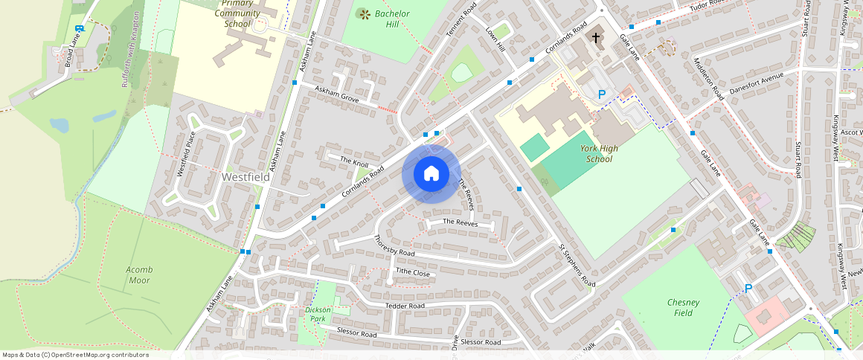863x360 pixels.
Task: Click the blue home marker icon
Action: coord(431,174)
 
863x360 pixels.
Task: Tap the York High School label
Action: coord(599,153)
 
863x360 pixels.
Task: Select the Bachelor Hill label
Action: coord(392,19)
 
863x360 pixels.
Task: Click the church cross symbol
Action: coord(595,37)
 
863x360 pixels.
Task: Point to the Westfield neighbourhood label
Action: coord(246,178)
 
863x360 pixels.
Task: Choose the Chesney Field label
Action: coord(683,307)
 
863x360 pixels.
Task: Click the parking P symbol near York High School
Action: coord(602,94)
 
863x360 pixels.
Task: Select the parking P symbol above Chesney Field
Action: coord(748,288)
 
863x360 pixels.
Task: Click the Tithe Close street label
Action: coord(412,273)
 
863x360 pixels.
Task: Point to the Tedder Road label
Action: coord(405,306)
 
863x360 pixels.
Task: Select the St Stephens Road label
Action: coord(577,266)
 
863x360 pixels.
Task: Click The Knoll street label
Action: coord(355,161)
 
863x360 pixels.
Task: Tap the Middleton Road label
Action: coord(708,79)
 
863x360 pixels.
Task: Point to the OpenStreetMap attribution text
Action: coord(75,355)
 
